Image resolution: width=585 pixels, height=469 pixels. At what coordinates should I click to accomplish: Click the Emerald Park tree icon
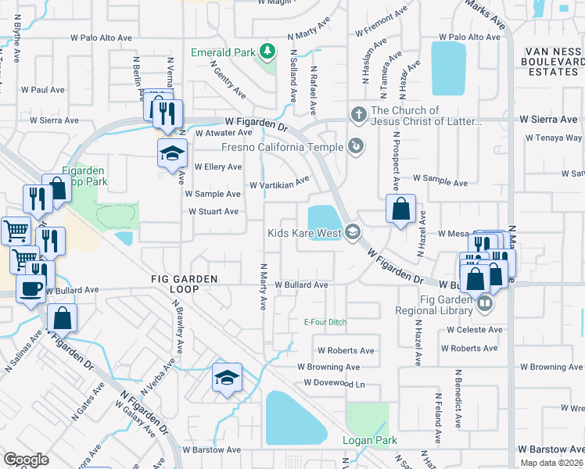(x=267, y=52)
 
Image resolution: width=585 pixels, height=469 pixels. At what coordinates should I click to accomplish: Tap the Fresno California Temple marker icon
(x=356, y=146)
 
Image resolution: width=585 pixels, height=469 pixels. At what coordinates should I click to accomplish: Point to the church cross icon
(x=359, y=116)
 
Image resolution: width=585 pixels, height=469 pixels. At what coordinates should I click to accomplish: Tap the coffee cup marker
(x=31, y=288)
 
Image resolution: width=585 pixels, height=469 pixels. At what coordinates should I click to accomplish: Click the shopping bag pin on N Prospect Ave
(x=400, y=209)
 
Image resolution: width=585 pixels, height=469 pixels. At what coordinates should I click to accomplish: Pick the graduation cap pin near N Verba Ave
(x=227, y=378)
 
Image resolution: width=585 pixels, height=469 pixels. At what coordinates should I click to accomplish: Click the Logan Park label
(x=370, y=441)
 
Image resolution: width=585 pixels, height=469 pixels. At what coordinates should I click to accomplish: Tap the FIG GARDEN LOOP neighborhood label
(x=185, y=284)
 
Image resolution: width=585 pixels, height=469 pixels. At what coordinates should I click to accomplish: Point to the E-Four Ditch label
(x=325, y=322)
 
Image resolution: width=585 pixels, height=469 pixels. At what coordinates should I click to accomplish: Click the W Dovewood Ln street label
(x=335, y=383)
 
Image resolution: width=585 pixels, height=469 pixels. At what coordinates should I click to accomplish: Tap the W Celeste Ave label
(x=475, y=330)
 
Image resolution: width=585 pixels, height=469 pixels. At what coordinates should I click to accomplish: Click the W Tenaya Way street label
(x=554, y=138)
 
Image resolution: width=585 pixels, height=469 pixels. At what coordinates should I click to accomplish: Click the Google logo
(x=26, y=459)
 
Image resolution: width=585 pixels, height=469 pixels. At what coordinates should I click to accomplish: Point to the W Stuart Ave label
(x=214, y=212)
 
